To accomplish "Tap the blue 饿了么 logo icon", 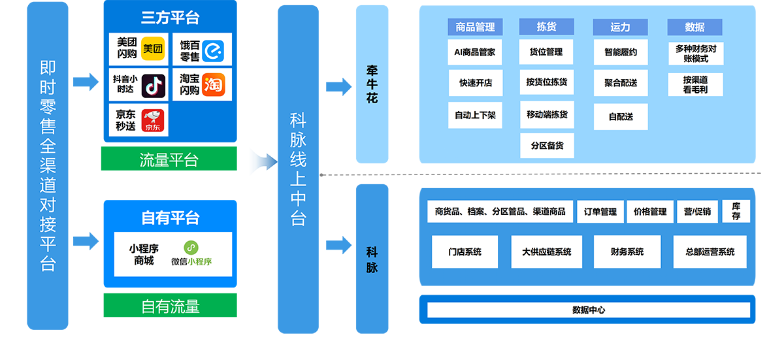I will [x=212, y=50].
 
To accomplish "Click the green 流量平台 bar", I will [x=169, y=161].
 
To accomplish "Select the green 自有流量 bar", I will [x=170, y=306].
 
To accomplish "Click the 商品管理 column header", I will [x=475, y=27].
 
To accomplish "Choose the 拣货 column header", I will [x=546, y=27].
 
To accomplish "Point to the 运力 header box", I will [x=620, y=27].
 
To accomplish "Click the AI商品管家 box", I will [x=475, y=52].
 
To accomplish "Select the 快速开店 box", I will [x=475, y=83].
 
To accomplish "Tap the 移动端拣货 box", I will [x=547, y=114].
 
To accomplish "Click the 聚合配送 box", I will [x=620, y=83].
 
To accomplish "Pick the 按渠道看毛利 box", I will [x=695, y=84].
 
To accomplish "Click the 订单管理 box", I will [x=600, y=212].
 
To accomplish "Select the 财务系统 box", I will [x=627, y=252].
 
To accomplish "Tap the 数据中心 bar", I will [x=588, y=310].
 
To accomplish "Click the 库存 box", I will [x=736, y=211].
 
